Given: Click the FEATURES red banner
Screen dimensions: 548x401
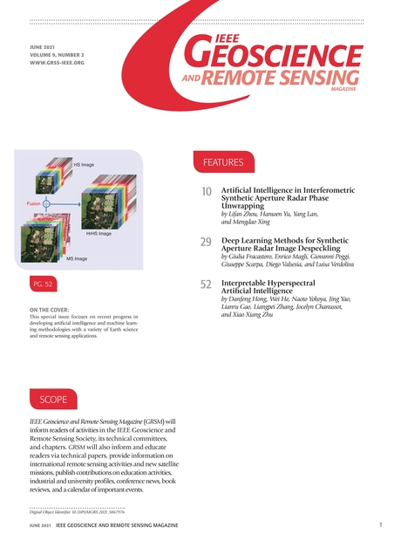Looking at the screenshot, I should click(x=222, y=162).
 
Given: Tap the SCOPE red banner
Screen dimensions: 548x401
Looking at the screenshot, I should click(x=53, y=399).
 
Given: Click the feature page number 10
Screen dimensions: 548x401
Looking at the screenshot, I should click(x=207, y=192).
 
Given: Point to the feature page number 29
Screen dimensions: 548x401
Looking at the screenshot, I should click(x=207, y=241).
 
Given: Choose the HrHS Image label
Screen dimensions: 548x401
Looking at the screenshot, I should click(x=99, y=234).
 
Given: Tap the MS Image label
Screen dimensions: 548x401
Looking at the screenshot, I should click(x=77, y=259).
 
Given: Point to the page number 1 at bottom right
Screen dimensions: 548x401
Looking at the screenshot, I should click(x=381, y=525).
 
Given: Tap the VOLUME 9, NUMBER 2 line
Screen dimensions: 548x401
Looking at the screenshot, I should click(x=59, y=55).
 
